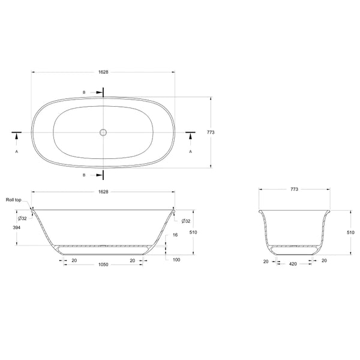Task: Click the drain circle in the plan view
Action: click(103, 132)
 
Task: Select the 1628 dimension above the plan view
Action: click(103, 71)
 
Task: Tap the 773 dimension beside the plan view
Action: click(211, 132)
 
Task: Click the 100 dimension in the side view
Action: click(176, 259)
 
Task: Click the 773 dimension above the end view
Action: click(295, 189)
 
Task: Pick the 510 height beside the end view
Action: click(351, 232)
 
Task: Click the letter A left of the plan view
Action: click(17, 152)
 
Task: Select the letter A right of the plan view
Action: click(191, 152)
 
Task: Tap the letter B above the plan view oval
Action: click(84, 92)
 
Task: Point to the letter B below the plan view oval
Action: click(84, 175)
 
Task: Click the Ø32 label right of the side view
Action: click(185, 221)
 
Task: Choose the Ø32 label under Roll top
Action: click(22, 218)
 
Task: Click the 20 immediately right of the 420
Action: click(324, 261)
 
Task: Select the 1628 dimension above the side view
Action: click(103, 191)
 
